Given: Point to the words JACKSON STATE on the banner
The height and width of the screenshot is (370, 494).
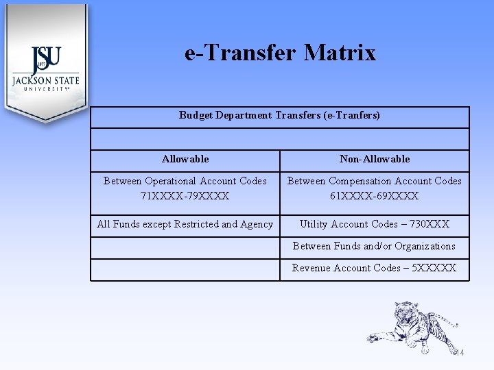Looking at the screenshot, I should click(46, 80).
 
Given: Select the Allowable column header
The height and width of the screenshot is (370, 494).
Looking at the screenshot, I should click(185, 159).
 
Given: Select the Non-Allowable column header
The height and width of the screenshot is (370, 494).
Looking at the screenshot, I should click(375, 159).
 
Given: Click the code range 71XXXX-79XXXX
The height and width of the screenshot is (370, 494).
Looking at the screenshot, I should click(185, 196).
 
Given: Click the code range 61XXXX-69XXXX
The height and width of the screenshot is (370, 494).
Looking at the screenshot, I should click(375, 196).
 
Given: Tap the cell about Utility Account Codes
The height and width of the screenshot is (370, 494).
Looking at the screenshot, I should click(375, 224).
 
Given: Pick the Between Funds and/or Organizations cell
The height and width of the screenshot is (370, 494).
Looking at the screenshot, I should click(375, 246).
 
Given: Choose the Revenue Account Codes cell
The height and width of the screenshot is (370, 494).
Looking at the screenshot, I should click(375, 268).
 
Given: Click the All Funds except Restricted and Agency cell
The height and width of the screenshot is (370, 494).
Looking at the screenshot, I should click(185, 224).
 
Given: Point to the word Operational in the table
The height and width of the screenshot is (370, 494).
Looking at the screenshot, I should click(169, 181).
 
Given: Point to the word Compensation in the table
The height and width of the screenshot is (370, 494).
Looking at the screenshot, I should click(368, 181).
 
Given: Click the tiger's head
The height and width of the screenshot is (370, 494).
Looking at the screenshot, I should click(407, 309).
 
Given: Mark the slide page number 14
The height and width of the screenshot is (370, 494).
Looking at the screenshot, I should click(459, 353).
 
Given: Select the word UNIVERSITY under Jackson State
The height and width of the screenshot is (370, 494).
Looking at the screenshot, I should click(46, 89).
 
